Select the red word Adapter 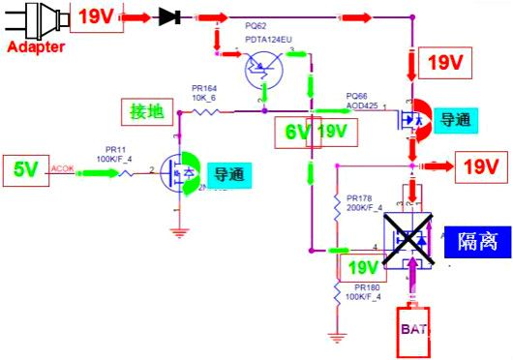pyautogui.click(x=37, y=46)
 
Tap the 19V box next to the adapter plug pyautogui.click(x=94, y=16)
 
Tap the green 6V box pyautogui.click(x=298, y=131)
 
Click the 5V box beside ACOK pyautogui.click(x=26, y=170)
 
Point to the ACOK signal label pyautogui.click(x=63, y=166)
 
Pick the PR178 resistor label pyautogui.click(x=359, y=197)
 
